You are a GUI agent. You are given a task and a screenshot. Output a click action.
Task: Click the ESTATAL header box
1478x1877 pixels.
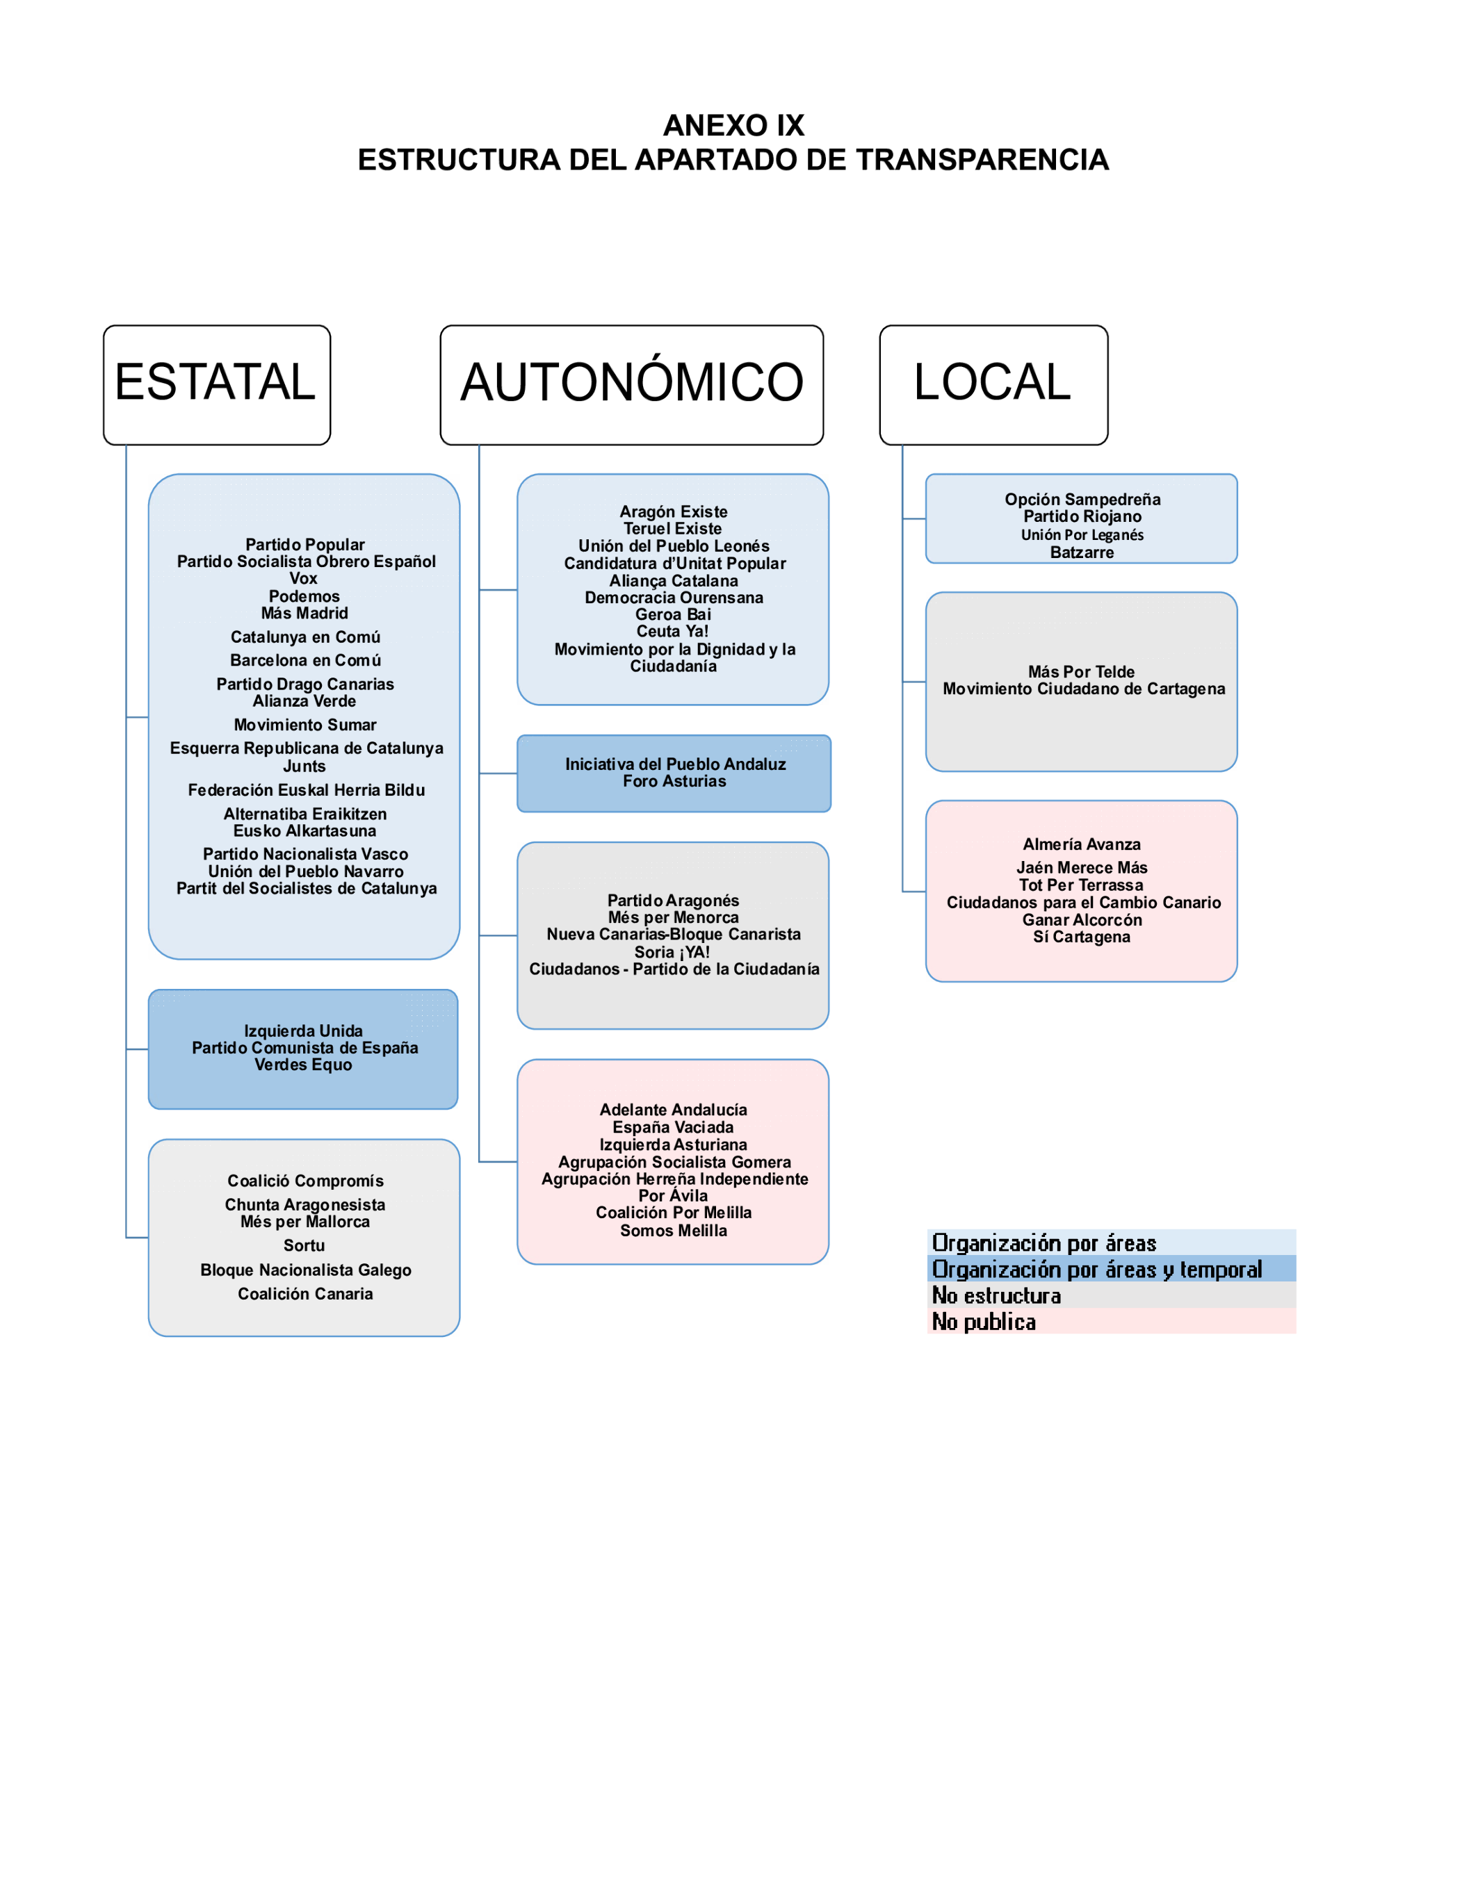tap(216, 385)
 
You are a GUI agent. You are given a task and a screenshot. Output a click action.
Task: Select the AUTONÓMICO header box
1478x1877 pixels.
tap(632, 385)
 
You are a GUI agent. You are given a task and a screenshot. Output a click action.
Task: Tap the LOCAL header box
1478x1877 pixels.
tap(993, 385)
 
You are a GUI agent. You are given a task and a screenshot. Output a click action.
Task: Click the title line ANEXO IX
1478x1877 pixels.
tap(734, 125)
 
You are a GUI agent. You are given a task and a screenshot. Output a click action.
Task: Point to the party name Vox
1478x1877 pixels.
tap(304, 579)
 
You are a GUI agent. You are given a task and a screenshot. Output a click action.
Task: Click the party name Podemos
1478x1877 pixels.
tap(304, 596)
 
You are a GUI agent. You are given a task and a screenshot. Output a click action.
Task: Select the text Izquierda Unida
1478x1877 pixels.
tap(304, 1031)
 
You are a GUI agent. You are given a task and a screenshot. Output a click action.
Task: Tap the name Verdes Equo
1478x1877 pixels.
tap(304, 1065)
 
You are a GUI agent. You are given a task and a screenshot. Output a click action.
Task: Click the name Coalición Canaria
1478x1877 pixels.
tap(305, 1294)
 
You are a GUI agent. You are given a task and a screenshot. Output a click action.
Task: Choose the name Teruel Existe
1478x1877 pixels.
tap(672, 529)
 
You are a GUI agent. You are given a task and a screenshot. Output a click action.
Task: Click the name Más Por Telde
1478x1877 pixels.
tap(1082, 672)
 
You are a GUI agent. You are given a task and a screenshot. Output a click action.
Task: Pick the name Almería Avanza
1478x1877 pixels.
tap(1082, 844)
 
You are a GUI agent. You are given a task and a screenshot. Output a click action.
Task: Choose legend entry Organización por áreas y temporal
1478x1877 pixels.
tap(1097, 1270)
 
